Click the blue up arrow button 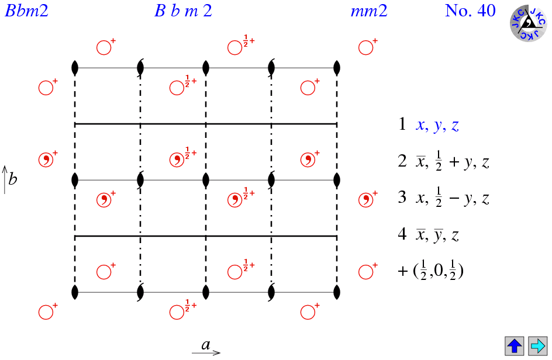pyautogui.click(x=515, y=346)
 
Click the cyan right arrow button pyautogui.click(x=537, y=346)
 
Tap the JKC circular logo pyautogui.click(x=528, y=23)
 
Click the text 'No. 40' pyautogui.click(x=470, y=11)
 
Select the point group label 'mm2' pyautogui.click(x=369, y=11)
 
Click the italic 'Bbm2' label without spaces pyautogui.click(x=26, y=11)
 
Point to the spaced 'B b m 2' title pyautogui.click(x=184, y=11)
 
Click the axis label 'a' pyautogui.click(x=206, y=344)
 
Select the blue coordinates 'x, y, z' pyautogui.click(x=437, y=125)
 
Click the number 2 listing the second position pyautogui.click(x=402, y=161)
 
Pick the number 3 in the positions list pyautogui.click(x=402, y=197)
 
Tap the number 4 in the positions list pyautogui.click(x=402, y=234)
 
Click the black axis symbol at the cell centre pyautogui.click(x=206, y=180)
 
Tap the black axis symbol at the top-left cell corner pyautogui.click(x=75, y=68)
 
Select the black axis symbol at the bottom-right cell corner pyautogui.click(x=337, y=292)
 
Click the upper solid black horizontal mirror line pyautogui.click(x=206, y=124)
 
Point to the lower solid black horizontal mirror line pyautogui.click(x=206, y=236)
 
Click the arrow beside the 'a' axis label pyautogui.click(x=206, y=352)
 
